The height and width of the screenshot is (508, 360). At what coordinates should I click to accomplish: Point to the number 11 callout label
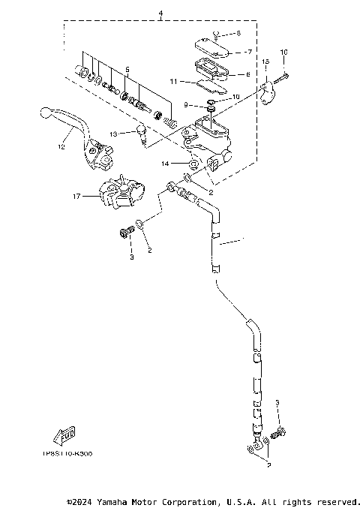[172, 80]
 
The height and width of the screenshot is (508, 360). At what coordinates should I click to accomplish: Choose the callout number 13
[113, 133]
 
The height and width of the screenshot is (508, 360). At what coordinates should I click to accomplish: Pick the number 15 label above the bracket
[265, 61]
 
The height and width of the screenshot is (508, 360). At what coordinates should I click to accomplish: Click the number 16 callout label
[284, 52]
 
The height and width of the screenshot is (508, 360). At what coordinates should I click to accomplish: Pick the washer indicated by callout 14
[193, 163]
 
